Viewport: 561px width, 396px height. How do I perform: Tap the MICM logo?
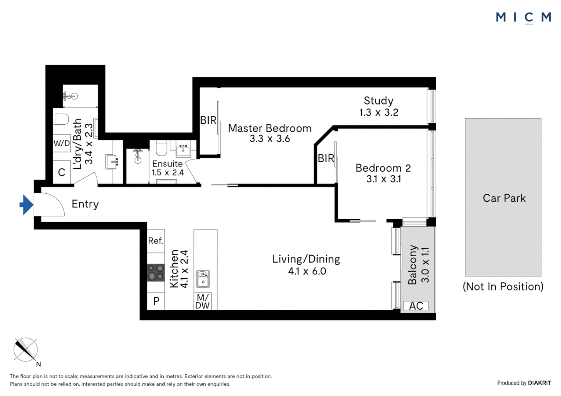pyautogui.click(x=523, y=17)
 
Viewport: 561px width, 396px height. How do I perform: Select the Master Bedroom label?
pyautogui.click(x=269, y=128)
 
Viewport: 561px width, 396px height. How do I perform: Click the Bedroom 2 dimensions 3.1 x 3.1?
pyautogui.click(x=383, y=179)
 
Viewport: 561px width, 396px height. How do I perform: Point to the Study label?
pyautogui.click(x=379, y=100)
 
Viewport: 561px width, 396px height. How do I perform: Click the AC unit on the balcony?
pyautogui.click(x=416, y=306)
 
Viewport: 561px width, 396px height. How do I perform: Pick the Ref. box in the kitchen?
pyautogui.click(x=156, y=241)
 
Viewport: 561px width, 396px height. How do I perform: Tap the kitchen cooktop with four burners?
pyautogui.click(x=156, y=273)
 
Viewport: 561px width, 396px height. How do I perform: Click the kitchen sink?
pyautogui.click(x=203, y=279)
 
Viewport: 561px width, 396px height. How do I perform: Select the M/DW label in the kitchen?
pyautogui.click(x=203, y=302)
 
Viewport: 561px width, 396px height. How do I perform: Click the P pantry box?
pyautogui.click(x=156, y=301)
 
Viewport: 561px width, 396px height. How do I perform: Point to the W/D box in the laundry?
pyautogui.click(x=62, y=143)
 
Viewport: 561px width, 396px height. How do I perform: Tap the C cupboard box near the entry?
pyautogui.click(x=62, y=172)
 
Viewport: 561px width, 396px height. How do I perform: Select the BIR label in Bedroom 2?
pyautogui.click(x=326, y=158)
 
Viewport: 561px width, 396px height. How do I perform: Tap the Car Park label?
pyautogui.click(x=504, y=198)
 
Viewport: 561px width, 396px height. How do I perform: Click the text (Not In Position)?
pyautogui.click(x=503, y=286)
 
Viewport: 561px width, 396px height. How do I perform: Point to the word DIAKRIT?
pyautogui.click(x=539, y=383)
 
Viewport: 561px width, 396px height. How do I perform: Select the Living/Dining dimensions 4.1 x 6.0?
pyautogui.click(x=307, y=271)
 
